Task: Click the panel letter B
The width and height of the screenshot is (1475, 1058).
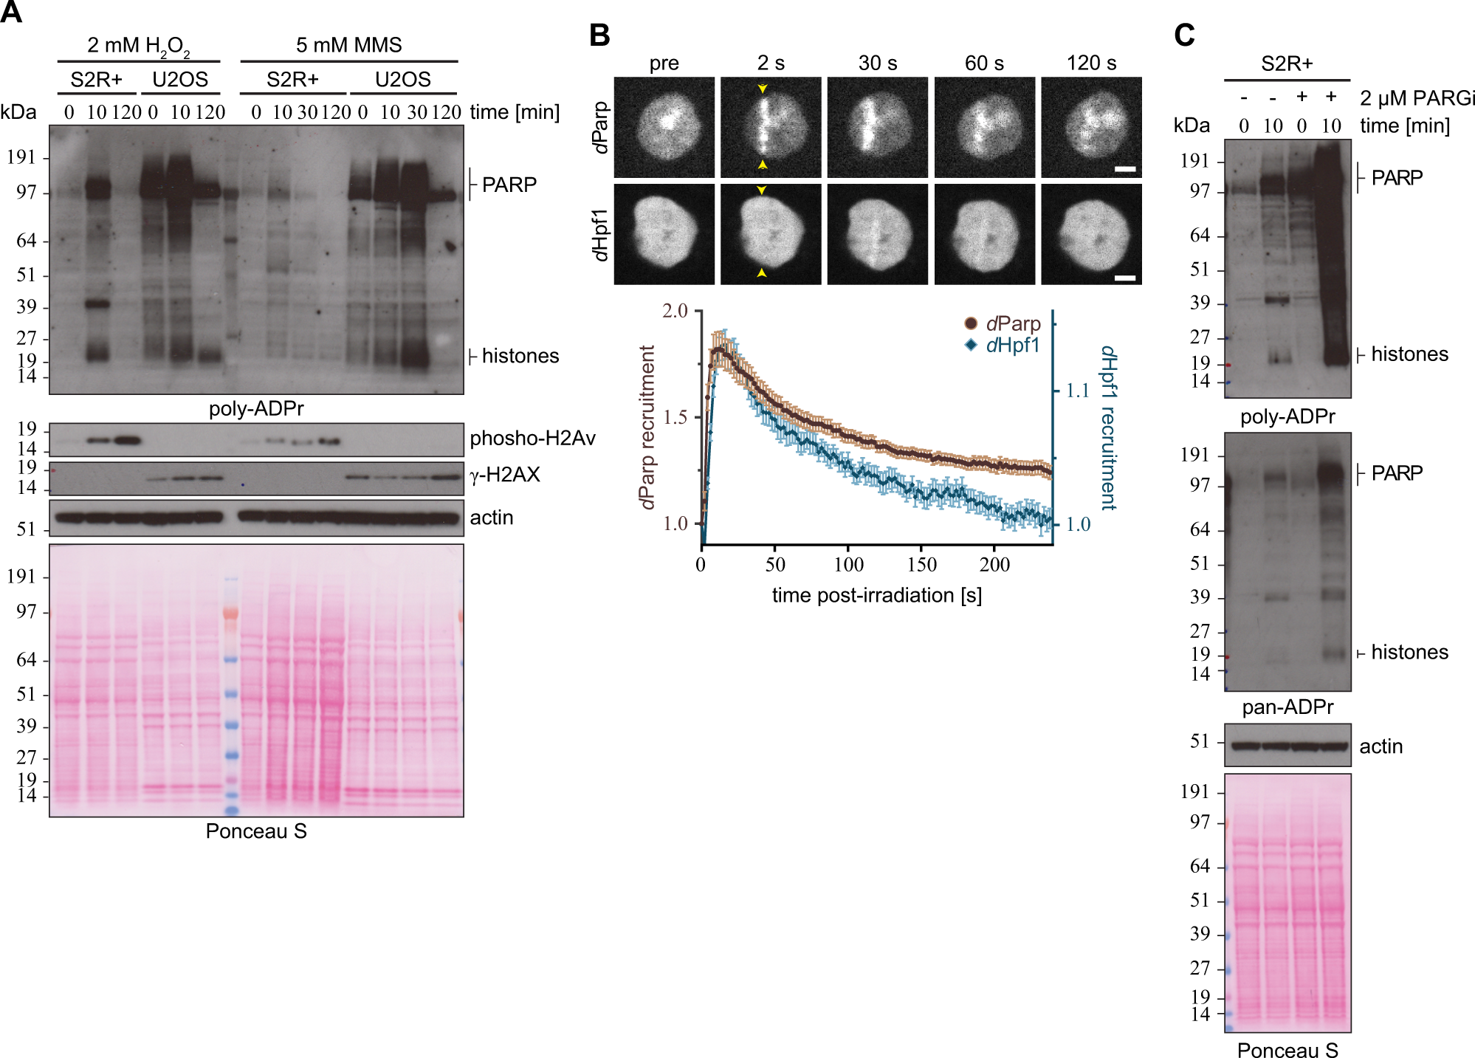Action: tap(599, 35)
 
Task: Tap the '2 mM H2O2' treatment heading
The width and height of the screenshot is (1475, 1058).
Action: tap(138, 46)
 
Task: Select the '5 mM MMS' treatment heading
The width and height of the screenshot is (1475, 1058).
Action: tap(348, 45)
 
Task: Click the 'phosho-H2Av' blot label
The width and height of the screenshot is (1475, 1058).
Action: tap(532, 439)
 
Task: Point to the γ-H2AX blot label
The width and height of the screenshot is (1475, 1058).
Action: tap(505, 475)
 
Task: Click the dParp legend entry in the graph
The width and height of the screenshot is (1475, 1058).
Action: tap(1003, 323)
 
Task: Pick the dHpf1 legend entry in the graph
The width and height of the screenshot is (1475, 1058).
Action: tap(1003, 345)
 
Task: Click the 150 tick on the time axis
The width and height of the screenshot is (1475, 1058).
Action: tap(921, 565)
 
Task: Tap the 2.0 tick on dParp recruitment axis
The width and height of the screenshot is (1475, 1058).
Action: tap(675, 311)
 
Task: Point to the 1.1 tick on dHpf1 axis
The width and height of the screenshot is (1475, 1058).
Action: tap(1078, 391)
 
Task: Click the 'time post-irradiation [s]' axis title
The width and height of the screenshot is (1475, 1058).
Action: tap(876, 595)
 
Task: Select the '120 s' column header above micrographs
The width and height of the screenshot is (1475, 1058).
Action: tap(1091, 63)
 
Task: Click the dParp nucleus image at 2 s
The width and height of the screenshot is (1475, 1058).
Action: tap(770, 127)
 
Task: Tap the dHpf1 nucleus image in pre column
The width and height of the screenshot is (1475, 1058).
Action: tap(664, 234)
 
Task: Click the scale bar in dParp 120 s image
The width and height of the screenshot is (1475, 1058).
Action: tap(1124, 170)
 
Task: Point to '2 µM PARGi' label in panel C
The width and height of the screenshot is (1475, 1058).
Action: tap(1417, 98)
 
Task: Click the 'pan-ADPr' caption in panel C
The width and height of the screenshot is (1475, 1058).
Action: tap(1287, 707)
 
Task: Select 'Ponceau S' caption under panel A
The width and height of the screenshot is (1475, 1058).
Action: tap(255, 831)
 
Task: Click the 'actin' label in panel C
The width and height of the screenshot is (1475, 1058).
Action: tap(1381, 746)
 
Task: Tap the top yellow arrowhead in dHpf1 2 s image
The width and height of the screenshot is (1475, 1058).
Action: tap(762, 190)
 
